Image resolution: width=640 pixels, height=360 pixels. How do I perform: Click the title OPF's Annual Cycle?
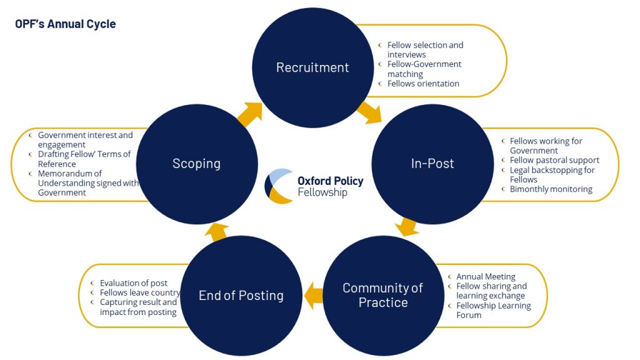pos(66,24)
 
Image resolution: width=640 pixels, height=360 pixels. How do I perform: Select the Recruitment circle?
pos(312,67)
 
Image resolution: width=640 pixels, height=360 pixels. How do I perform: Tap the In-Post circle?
pos(432,164)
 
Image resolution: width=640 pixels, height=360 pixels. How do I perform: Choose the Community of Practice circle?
pos(382,295)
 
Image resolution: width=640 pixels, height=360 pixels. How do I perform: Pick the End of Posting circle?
pos(241,296)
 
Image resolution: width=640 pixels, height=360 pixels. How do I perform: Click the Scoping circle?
pos(196,164)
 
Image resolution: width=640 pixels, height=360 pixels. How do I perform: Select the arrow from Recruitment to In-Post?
pos(370,112)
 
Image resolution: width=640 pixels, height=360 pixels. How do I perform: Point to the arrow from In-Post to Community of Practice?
pos(407,226)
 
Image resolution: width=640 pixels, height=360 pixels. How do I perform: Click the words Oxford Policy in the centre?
pos(330,181)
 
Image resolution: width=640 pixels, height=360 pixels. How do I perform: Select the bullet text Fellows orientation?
pos(423,84)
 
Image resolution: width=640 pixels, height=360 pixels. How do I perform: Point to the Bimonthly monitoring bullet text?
pos(551,189)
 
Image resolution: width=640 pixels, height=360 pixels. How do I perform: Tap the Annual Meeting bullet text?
pos(486,277)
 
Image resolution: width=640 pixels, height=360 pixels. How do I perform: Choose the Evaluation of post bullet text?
pos(134,283)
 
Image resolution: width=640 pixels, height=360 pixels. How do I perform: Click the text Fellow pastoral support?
pos(554,160)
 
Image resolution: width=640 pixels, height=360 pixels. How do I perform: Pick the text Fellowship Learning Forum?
pos(492,310)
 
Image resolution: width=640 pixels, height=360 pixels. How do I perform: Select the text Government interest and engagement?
pos(85,140)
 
